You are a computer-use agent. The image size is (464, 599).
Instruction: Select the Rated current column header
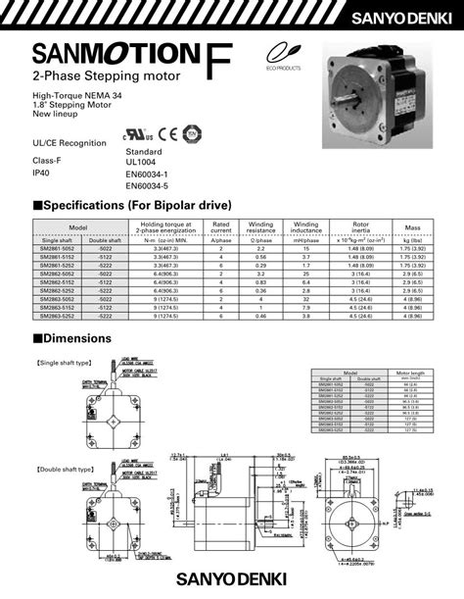(221, 228)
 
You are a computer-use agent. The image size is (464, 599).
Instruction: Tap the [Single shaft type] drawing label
(64, 363)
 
